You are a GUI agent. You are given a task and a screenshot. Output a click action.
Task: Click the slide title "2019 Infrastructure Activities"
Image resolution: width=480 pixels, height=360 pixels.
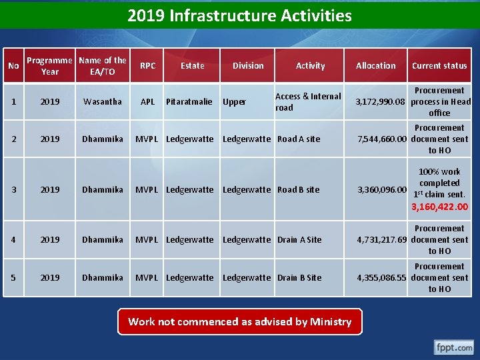pyautogui.click(x=239, y=15)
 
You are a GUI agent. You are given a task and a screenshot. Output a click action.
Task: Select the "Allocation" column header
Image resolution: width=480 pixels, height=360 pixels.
pyautogui.click(x=375, y=65)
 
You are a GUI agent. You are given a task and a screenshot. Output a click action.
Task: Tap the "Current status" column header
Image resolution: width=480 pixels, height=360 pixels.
pyautogui.click(x=439, y=65)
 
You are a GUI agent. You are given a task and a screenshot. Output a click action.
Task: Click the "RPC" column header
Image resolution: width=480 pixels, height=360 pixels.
pyautogui.click(x=148, y=65)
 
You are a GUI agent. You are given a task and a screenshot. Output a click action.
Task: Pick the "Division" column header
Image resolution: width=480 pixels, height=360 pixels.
pyautogui.click(x=248, y=65)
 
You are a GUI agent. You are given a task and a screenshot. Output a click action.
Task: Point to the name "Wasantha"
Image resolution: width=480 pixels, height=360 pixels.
pyautogui.click(x=102, y=101)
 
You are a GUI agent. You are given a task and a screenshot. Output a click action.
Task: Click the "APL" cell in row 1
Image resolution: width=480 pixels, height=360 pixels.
pyautogui.click(x=148, y=101)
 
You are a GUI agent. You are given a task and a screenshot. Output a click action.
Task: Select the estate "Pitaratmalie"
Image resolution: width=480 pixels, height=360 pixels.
pyautogui.click(x=189, y=101)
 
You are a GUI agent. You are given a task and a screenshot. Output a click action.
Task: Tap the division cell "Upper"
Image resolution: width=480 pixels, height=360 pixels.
pyautogui.click(x=234, y=102)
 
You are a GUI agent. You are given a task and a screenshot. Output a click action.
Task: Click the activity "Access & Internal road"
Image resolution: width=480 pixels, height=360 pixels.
pyautogui.click(x=307, y=101)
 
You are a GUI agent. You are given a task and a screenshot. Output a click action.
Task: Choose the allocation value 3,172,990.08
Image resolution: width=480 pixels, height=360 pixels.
pyautogui.click(x=381, y=101)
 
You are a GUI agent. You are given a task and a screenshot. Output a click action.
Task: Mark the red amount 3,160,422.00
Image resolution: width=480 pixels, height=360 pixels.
pyautogui.click(x=440, y=207)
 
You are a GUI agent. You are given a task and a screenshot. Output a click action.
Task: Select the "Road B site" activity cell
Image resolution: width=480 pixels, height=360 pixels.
pyautogui.click(x=298, y=189)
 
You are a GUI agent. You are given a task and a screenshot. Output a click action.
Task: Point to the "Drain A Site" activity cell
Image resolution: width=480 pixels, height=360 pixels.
pyautogui.click(x=299, y=239)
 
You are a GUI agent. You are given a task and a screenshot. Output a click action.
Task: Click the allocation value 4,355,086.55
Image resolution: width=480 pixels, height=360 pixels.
pyautogui.click(x=381, y=277)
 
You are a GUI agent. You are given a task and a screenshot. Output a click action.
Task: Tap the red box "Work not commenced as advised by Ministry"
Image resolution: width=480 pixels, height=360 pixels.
pyautogui.click(x=239, y=321)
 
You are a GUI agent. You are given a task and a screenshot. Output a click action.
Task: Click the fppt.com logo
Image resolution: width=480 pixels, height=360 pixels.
pyautogui.click(x=454, y=347)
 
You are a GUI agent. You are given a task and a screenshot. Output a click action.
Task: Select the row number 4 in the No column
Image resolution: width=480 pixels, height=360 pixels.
pyautogui.click(x=13, y=239)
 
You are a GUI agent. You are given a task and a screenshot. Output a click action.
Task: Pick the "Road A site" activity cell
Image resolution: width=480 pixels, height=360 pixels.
pyautogui.click(x=298, y=139)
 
